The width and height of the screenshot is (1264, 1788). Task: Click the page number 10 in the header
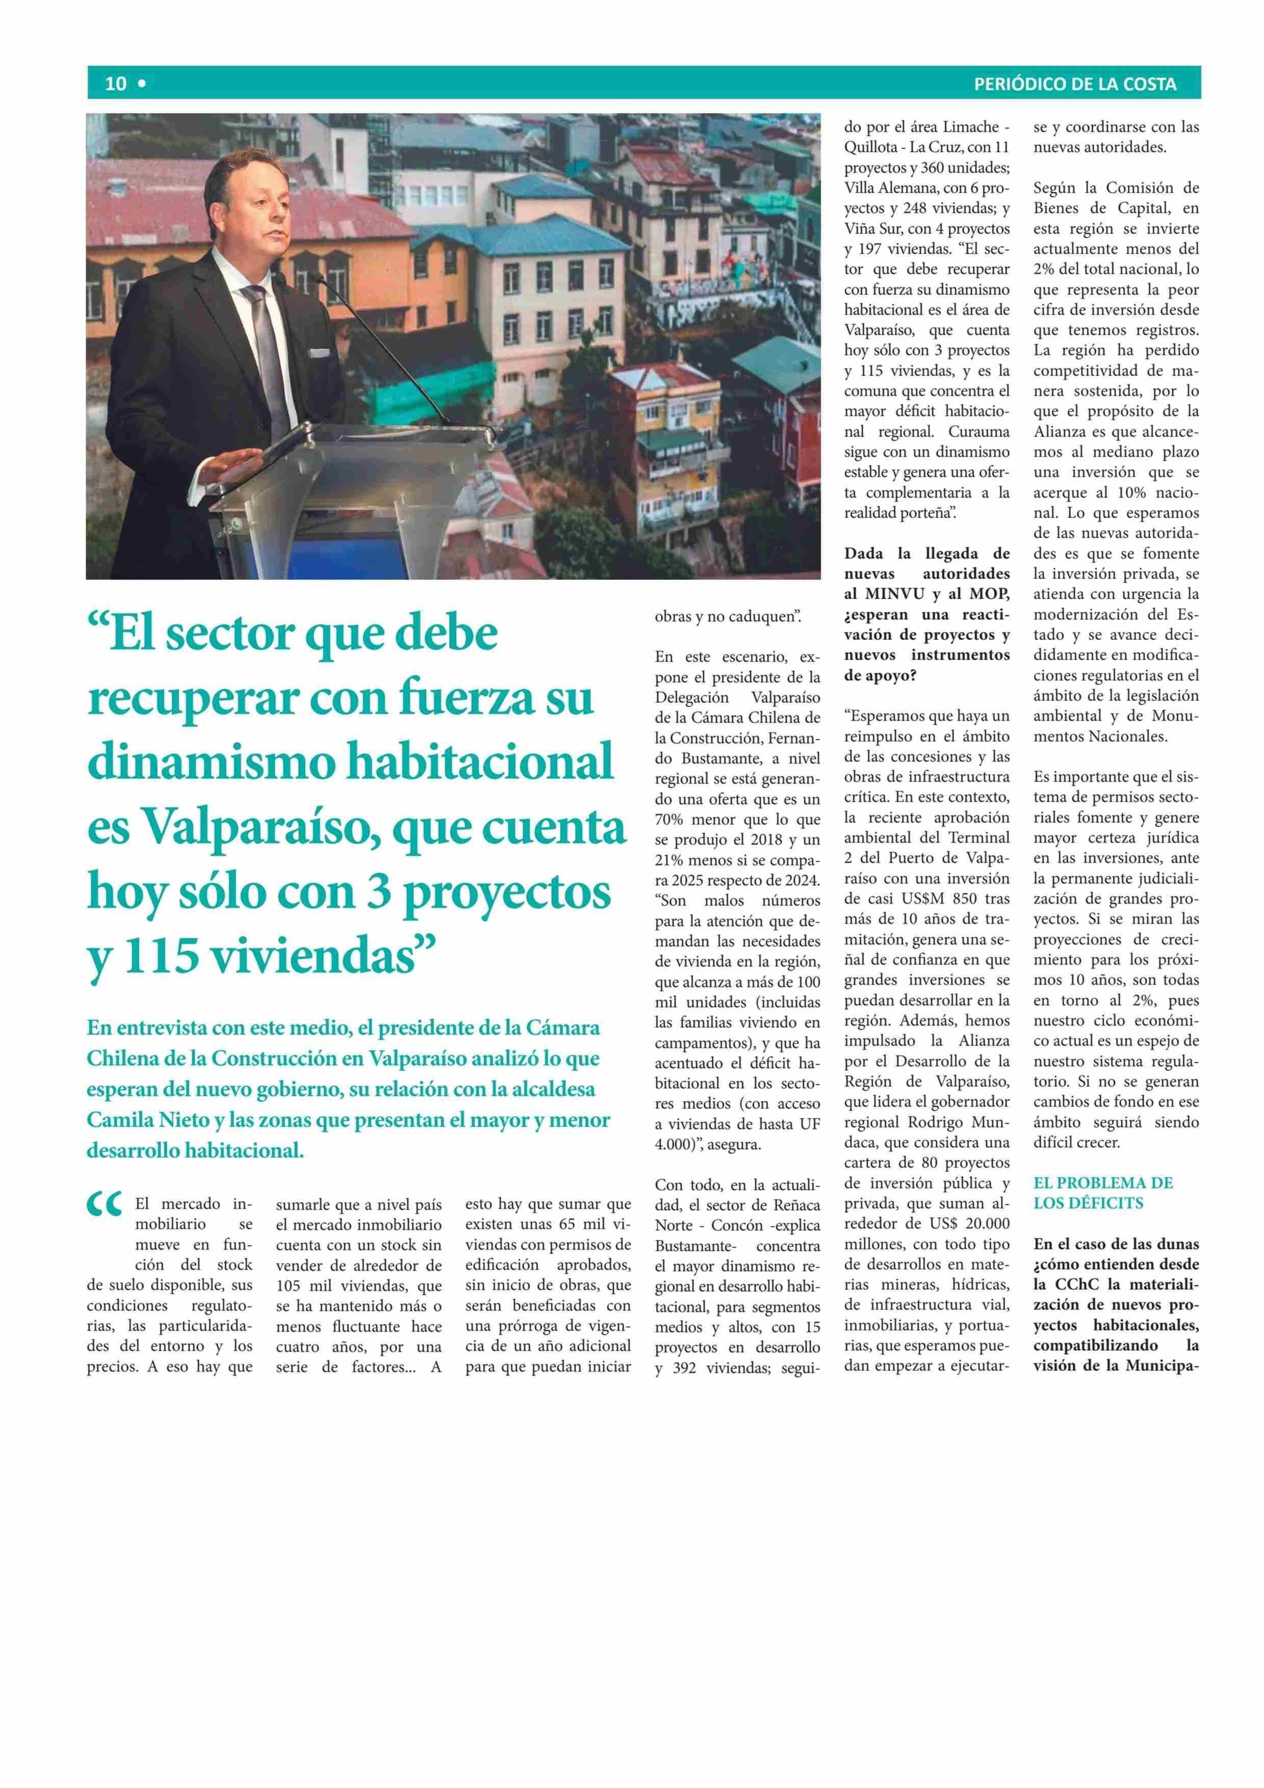point(115,83)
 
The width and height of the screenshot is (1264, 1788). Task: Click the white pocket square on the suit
point(319,352)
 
